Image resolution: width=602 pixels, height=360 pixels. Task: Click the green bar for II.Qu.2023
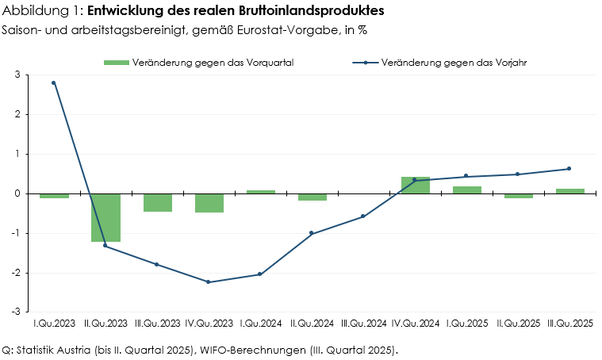coord(105,217)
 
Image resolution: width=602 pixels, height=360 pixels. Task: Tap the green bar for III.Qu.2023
coord(157,202)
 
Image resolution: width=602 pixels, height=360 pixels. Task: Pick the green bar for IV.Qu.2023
coord(209,203)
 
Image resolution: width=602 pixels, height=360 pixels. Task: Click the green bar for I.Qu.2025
coord(467,190)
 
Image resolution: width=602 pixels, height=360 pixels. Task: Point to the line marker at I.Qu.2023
coord(54,82)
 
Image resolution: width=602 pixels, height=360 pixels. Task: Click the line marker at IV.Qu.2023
coord(209,282)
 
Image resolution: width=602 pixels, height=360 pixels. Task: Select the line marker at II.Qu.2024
coord(312,233)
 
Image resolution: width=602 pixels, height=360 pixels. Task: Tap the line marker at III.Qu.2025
coord(569,168)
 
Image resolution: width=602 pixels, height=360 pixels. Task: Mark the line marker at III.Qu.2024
coord(363,216)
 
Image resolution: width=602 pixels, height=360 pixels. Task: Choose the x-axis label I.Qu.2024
coord(260,324)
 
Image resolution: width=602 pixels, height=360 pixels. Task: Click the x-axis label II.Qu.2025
coord(518,324)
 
